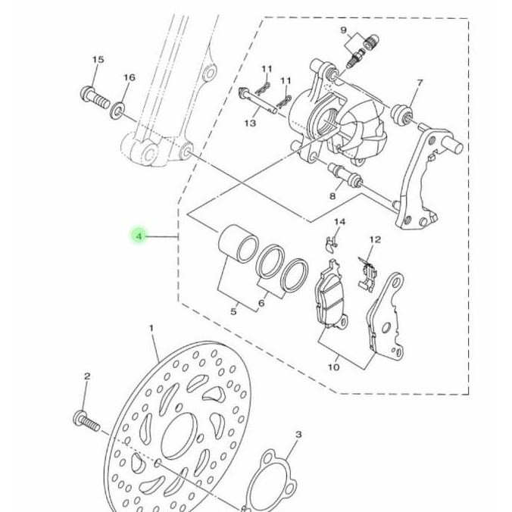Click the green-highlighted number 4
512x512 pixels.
click(139, 237)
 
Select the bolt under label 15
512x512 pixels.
click(94, 97)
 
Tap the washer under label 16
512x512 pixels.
click(119, 112)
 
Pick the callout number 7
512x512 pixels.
click(420, 83)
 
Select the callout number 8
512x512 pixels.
click(331, 196)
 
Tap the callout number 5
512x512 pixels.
click(234, 311)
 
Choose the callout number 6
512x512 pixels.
click(261, 304)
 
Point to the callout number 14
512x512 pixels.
click(339, 222)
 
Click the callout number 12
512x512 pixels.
click(375, 239)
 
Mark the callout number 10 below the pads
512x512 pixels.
click(333, 367)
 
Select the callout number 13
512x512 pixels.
click(250, 123)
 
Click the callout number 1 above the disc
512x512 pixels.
click(151, 329)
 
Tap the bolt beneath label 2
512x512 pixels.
click(86, 418)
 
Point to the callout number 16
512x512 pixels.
click(129, 77)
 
